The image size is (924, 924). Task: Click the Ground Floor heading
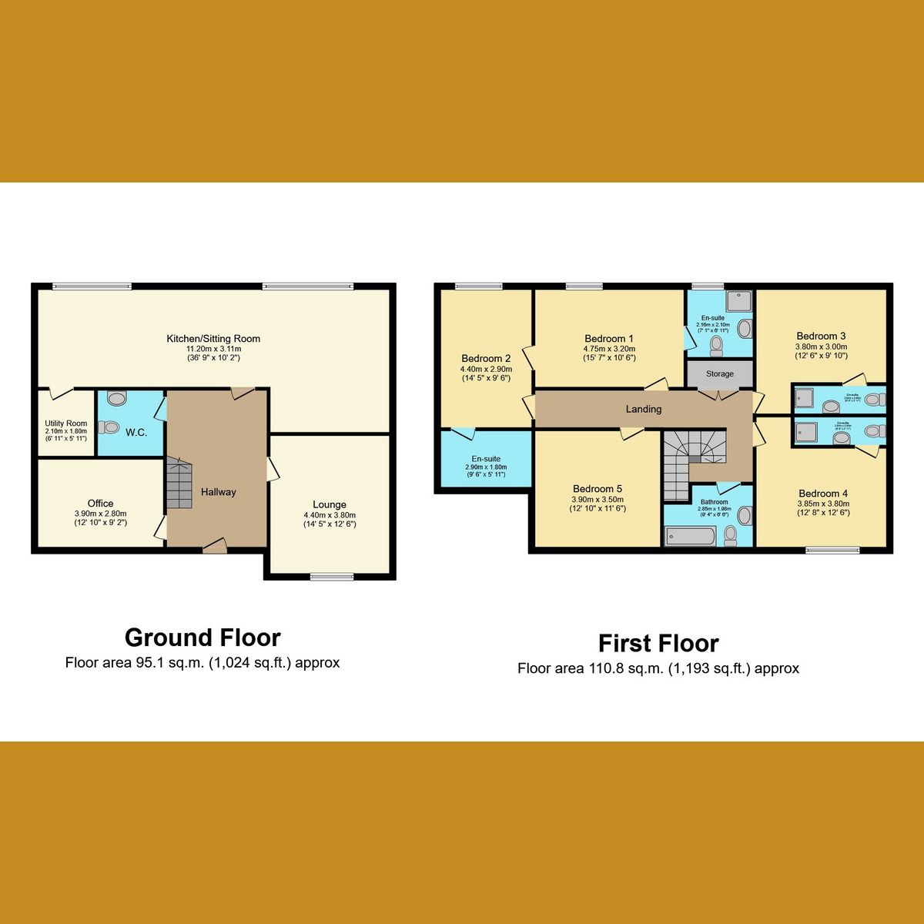pyautogui.click(x=203, y=638)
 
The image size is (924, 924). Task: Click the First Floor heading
pyautogui.click(x=658, y=643)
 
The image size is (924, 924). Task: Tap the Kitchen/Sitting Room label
pyautogui.click(x=213, y=339)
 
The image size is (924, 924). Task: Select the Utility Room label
pyautogui.click(x=66, y=423)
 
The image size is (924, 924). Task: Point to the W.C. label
pyautogui.click(x=136, y=433)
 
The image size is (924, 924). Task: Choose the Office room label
pyautogui.click(x=100, y=504)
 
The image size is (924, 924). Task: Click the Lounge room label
pyautogui.click(x=330, y=505)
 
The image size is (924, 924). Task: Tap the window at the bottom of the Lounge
pyautogui.click(x=333, y=576)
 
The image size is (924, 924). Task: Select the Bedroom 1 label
pyautogui.click(x=609, y=339)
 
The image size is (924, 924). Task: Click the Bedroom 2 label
pyautogui.click(x=486, y=358)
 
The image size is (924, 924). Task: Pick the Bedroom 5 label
pyautogui.click(x=598, y=489)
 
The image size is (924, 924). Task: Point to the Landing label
pyautogui.click(x=644, y=409)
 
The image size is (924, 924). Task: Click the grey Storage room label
pyautogui.click(x=720, y=374)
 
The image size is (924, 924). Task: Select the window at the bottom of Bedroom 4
pyautogui.click(x=832, y=551)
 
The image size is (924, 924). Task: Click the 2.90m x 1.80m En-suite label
pyautogui.click(x=486, y=459)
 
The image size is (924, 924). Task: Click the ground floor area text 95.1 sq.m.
pyautogui.click(x=203, y=663)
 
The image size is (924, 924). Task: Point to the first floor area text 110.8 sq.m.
pyautogui.click(x=658, y=668)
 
